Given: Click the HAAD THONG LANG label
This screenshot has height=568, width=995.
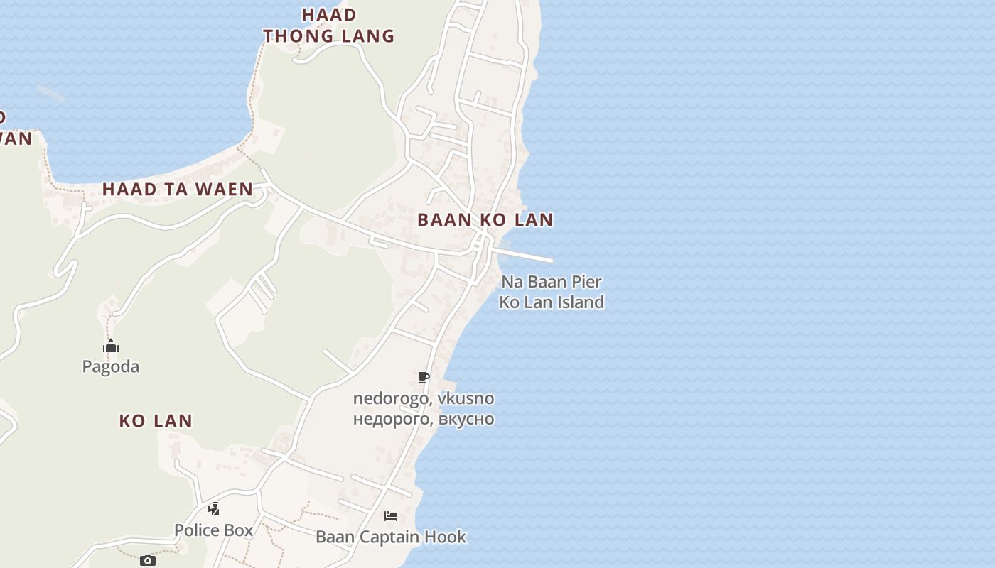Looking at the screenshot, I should click(x=328, y=25).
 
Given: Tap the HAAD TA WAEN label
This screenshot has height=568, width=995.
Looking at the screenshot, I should click(x=178, y=189).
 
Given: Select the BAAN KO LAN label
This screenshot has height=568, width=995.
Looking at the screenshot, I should click(x=485, y=219).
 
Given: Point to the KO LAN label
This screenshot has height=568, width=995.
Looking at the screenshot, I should click(x=156, y=420).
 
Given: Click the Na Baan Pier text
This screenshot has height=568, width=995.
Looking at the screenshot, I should click(x=552, y=282).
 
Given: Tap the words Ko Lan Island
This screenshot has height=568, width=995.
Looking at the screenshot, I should click(x=552, y=302).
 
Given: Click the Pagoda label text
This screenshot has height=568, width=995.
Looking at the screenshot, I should click(x=111, y=366).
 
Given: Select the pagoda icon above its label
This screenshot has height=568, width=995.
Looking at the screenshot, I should click(x=111, y=346).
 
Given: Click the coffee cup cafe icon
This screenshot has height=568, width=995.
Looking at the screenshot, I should click(x=424, y=377).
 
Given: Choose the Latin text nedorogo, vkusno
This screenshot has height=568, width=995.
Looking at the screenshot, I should click(x=424, y=398).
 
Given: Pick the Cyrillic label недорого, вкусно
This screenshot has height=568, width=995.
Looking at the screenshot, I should click(x=424, y=419).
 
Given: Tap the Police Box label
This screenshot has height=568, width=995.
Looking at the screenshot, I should click(x=213, y=530).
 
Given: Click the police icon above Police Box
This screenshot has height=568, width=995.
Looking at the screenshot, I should click(x=213, y=508).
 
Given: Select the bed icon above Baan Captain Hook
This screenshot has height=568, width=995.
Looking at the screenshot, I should click(x=391, y=515).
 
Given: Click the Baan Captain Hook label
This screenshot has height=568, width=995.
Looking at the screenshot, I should click(x=391, y=537).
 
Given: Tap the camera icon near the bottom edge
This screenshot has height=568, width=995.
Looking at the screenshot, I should click(x=147, y=561).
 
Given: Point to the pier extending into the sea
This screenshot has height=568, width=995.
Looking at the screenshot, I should click(x=526, y=255).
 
